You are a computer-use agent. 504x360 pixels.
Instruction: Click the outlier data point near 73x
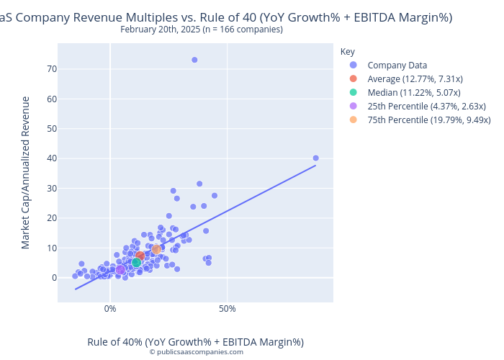tap(194, 60)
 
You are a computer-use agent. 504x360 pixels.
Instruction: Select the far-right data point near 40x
tap(315, 158)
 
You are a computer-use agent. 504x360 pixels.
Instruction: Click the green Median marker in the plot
tap(136, 263)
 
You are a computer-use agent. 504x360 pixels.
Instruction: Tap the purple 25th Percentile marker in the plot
tap(120, 270)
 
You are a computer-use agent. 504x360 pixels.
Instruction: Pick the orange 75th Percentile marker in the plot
tap(156, 249)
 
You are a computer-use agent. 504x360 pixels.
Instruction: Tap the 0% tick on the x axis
tap(110, 310)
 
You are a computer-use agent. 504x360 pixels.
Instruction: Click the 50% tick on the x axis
tap(228, 310)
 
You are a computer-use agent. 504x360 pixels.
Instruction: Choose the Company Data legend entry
tap(397, 66)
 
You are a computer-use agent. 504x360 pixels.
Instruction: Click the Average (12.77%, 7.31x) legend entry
tap(415, 79)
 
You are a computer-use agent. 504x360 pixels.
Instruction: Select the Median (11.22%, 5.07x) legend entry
tap(414, 93)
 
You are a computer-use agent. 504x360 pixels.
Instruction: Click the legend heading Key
tap(348, 52)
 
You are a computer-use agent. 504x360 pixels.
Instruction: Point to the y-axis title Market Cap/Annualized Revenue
tap(26, 173)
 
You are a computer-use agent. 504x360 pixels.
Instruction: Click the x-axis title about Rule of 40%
tap(196, 341)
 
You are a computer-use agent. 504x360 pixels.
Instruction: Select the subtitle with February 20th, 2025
tap(202, 30)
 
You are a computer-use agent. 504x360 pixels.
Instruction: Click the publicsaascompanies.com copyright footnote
tap(196, 352)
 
